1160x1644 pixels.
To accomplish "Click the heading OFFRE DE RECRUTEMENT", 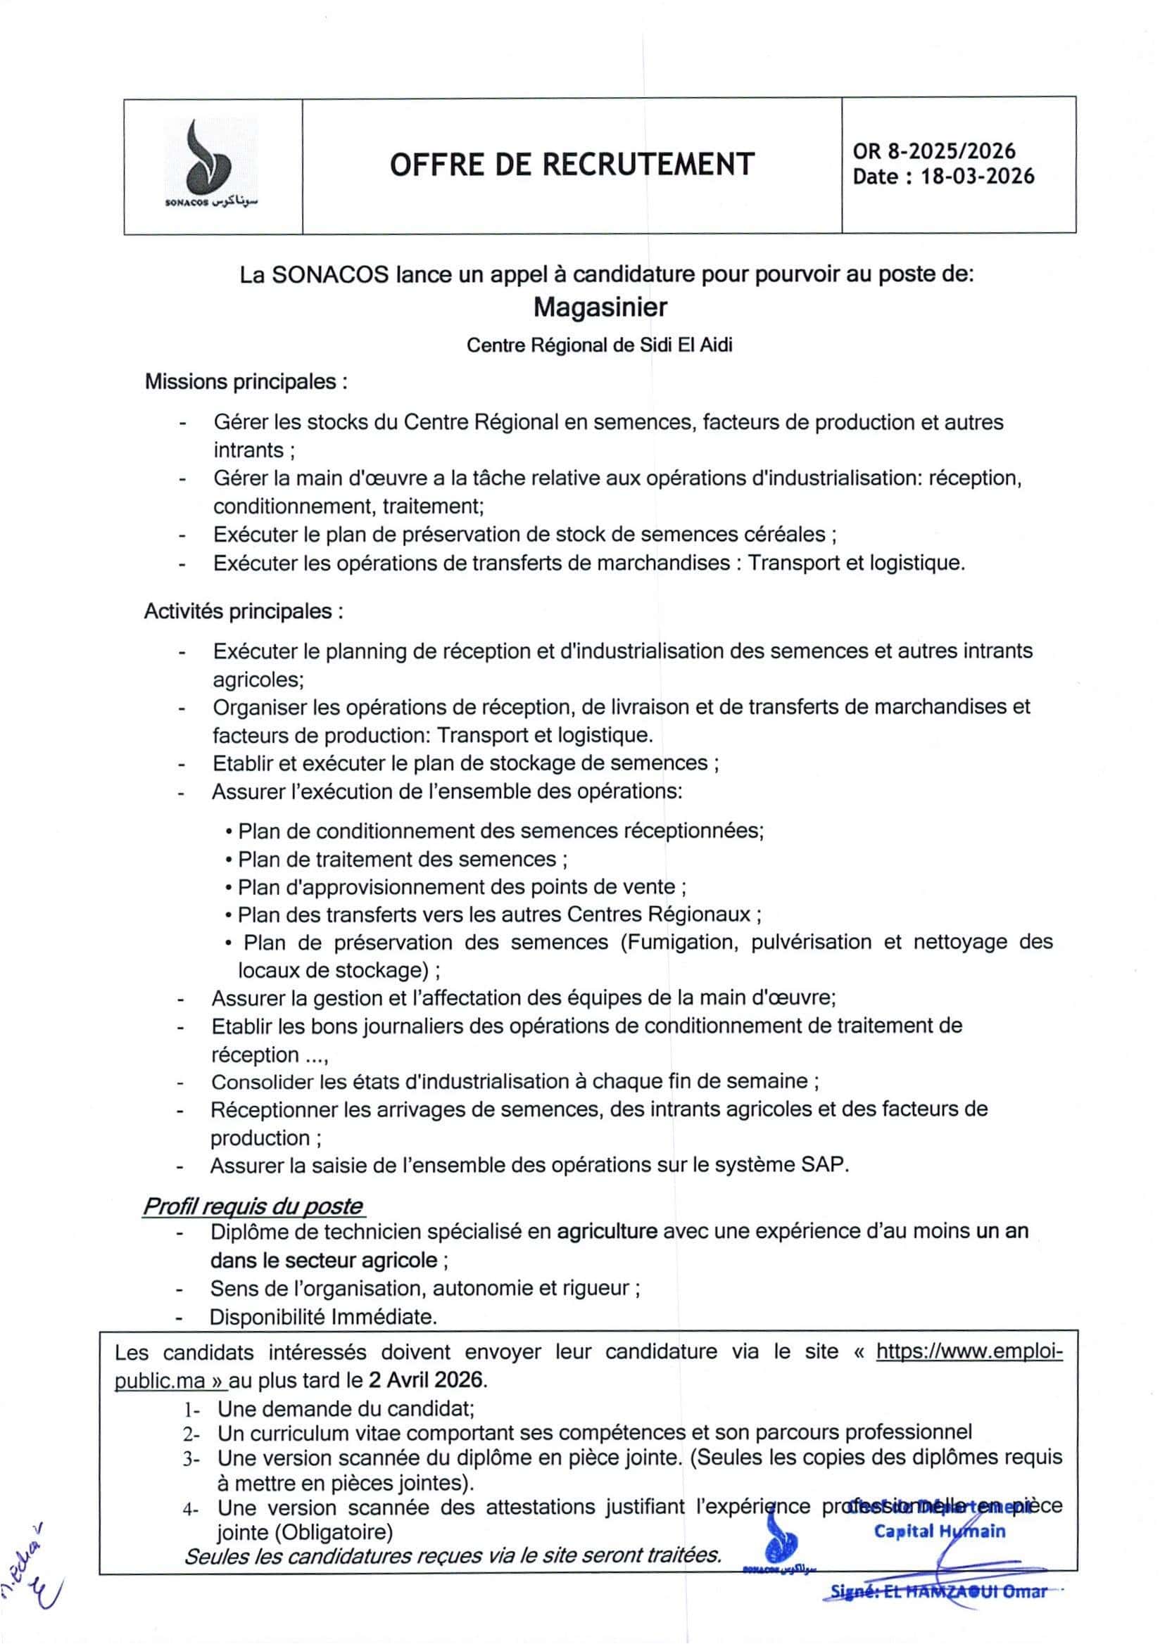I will [x=572, y=164].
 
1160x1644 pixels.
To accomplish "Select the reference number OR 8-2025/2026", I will [x=933, y=151].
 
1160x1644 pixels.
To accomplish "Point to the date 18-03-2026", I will [x=977, y=177].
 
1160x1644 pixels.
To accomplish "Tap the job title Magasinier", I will [x=600, y=307].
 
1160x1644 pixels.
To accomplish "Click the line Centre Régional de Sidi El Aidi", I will [x=599, y=345].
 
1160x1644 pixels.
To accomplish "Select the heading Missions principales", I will [x=246, y=382].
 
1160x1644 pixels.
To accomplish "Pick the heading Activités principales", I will [x=243, y=611].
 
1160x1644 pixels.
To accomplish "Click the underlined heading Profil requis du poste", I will [x=253, y=1206].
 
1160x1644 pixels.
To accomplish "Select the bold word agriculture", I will [x=607, y=1232].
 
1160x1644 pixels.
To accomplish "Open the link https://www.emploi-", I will [x=969, y=1352].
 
